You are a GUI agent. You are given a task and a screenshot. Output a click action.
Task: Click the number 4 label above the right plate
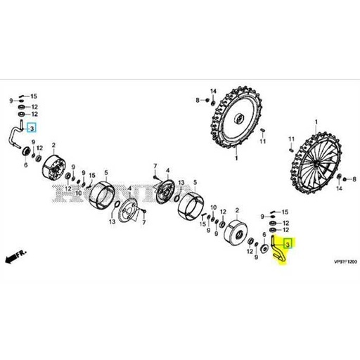[x=167, y=170]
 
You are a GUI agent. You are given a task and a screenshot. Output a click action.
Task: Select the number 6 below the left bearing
[x=25, y=166]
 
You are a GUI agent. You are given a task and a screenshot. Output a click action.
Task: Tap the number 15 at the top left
[x=33, y=96]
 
